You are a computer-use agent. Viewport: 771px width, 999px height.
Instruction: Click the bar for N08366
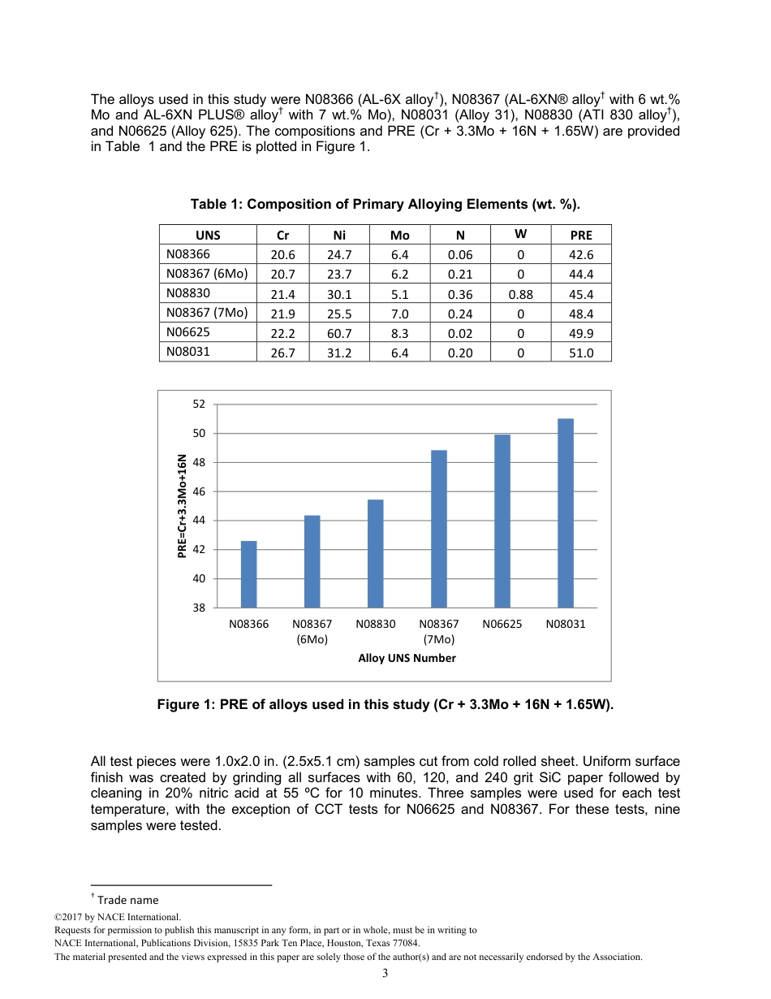pyautogui.click(x=248, y=574)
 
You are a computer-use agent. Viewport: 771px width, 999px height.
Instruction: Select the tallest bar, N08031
pyautogui.click(x=566, y=513)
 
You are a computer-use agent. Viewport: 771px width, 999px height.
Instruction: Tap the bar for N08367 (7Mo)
pyautogui.click(x=439, y=529)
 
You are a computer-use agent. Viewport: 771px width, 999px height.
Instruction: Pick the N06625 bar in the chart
pyautogui.click(x=502, y=521)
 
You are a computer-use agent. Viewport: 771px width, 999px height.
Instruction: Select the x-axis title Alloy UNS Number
pyautogui.click(x=407, y=658)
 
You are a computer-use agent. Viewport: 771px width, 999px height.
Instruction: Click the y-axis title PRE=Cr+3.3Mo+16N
pyautogui.click(x=183, y=505)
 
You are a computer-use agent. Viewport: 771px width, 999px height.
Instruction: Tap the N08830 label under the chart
pyautogui.click(x=376, y=625)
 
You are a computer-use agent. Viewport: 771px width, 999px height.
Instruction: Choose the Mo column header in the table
pyautogui.click(x=400, y=235)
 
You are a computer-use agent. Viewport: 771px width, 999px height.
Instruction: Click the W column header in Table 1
pyautogui.click(x=520, y=234)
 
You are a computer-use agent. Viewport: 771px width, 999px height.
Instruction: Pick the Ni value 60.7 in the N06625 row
pyautogui.click(x=339, y=333)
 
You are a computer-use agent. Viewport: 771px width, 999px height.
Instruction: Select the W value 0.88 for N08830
pyautogui.click(x=520, y=294)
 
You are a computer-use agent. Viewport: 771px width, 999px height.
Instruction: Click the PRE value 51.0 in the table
pyautogui.click(x=581, y=352)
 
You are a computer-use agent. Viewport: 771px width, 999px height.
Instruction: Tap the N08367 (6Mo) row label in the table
pyautogui.click(x=207, y=274)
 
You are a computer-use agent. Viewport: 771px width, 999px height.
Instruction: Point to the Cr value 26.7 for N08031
pyautogui.click(x=282, y=352)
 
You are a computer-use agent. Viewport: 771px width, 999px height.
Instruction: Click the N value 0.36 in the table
pyautogui.click(x=460, y=294)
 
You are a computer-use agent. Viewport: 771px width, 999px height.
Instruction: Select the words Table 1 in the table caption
pyautogui.click(x=214, y=204)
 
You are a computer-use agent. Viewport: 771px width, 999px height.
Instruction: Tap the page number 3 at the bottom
pyautogui.click(x=385, y=974)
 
